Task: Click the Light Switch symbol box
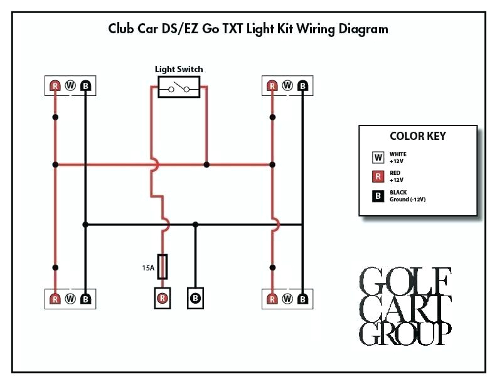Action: [179, 87]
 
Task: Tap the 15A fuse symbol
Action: [163, 266]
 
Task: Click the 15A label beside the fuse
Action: [148, 267]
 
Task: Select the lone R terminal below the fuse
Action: [163, 298]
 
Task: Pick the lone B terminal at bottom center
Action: [196, 298]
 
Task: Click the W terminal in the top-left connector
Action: [70, 85]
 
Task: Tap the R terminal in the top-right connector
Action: [272, 85]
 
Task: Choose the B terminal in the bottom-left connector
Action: [85, 299]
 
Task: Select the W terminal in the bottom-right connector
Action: [287, 299]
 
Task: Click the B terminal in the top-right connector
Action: [302, 85]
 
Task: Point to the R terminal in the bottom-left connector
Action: [55, 299]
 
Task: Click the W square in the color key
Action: [378, 157]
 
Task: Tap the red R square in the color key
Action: [378, 177]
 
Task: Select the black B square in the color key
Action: [378, 196]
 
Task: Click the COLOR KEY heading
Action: [418, 136]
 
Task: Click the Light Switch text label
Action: [179, 69]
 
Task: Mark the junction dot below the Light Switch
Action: [206, 164]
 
